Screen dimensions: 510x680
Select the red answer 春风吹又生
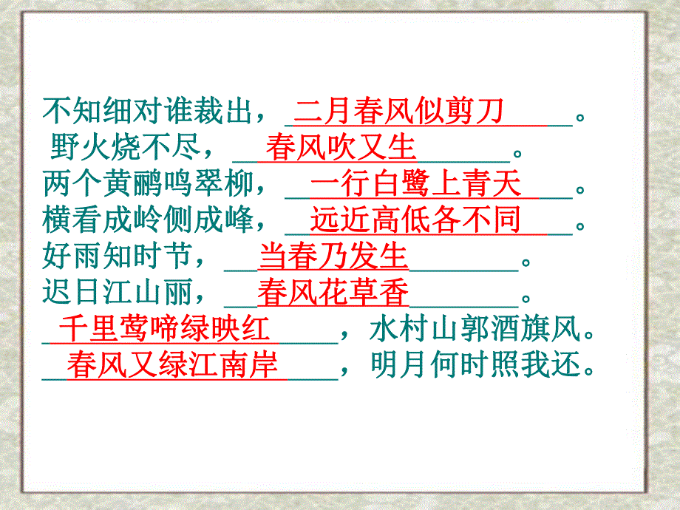[x=341, y=147]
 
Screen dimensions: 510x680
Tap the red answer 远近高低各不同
[x=415, y=220]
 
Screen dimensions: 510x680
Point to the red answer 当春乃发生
[x=333, y=256]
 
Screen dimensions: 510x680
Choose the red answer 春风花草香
[x=333, y=293]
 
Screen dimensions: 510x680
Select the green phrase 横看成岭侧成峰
[x=149, y=220]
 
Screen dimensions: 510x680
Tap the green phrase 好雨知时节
[x=118, y=257]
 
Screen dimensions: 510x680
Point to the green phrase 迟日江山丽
[x=118, y=293]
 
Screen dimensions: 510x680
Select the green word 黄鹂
[x=134, y=184]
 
